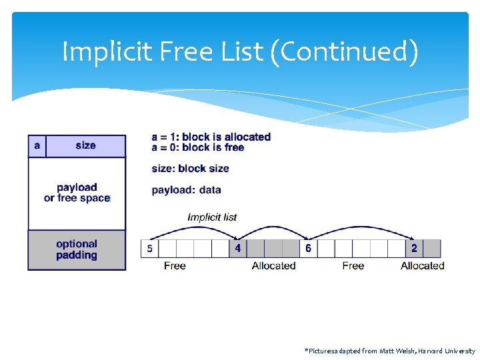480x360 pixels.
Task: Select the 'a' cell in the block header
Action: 37,145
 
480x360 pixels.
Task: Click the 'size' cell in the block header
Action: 85,145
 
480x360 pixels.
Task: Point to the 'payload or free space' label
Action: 77,193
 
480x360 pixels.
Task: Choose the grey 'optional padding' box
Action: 77,250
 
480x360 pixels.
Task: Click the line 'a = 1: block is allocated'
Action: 211,137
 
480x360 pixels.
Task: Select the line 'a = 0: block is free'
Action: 198,147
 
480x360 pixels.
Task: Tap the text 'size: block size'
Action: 190,169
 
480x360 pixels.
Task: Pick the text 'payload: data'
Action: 186,190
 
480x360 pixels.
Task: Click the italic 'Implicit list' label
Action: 212,217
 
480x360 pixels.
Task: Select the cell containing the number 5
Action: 149,249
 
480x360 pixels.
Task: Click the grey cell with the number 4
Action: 238,249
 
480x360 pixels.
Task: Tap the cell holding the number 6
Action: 308,249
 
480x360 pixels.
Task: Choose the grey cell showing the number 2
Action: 414,249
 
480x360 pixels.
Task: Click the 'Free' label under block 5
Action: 175,266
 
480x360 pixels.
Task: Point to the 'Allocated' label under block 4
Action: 273,266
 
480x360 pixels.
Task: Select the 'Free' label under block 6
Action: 353,266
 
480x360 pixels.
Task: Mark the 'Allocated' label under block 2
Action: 422,266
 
